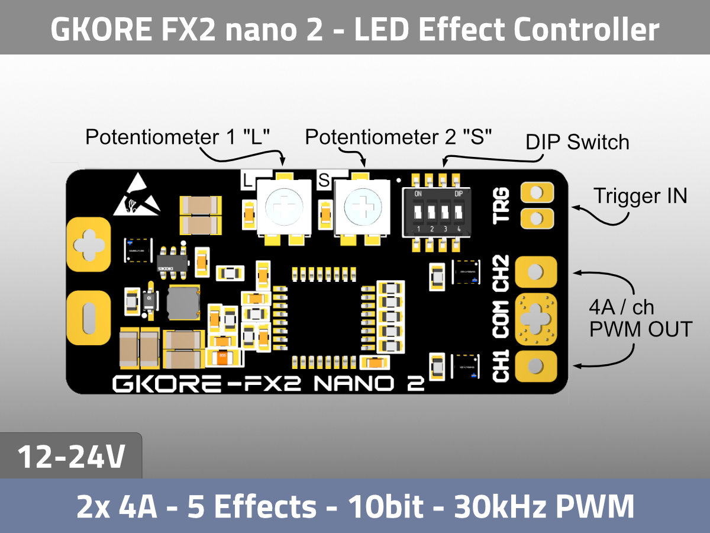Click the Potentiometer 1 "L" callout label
point(177,137)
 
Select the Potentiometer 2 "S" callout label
point(399,137)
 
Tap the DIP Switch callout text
point(577,142)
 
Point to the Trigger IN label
point(640,195)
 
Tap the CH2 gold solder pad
point(536,272)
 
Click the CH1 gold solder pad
point(536,366)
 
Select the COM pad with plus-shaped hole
point(536,318)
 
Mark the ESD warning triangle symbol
point(136,195)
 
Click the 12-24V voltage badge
point(71,456)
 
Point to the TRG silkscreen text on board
point(501,205)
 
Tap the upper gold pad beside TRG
point(537,192)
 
